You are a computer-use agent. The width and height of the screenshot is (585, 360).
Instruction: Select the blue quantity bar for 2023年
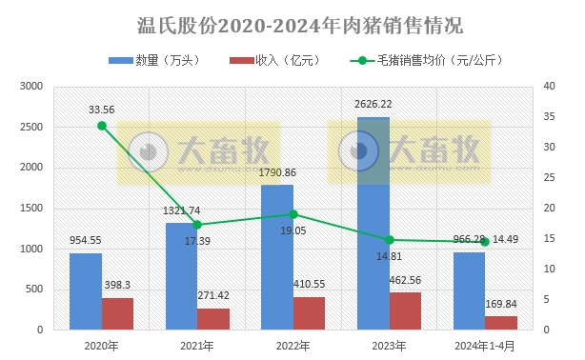point(373,229)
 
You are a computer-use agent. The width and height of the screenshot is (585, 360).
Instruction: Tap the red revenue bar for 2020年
point(118,313)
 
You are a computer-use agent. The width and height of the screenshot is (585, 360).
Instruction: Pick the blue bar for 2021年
point(181,276)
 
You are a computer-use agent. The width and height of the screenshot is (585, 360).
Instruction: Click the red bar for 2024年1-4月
point(501,323)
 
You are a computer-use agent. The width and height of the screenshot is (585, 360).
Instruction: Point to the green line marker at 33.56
point(102,126)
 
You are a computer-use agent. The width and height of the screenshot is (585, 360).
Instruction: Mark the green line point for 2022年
point(293,214)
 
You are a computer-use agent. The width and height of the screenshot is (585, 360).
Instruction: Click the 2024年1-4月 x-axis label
point(485,346)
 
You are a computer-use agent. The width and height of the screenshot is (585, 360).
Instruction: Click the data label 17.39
point(199,240)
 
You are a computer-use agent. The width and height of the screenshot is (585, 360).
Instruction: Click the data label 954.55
point(86,240)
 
